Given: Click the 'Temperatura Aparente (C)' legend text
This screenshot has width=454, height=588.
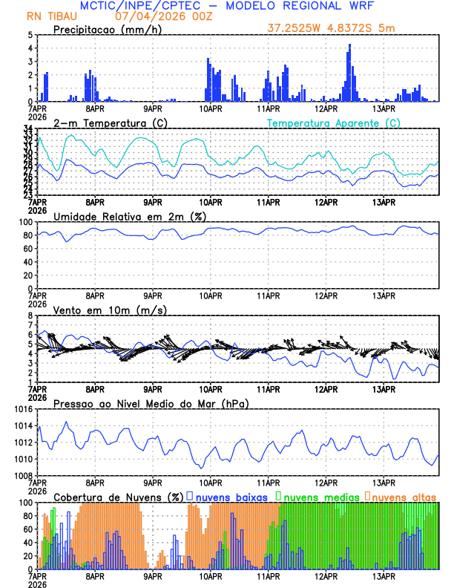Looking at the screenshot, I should (334, 122).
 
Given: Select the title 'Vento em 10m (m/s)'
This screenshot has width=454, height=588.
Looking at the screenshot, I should (110, 310).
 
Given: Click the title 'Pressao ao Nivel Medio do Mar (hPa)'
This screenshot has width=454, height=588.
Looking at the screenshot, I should (151, 403).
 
